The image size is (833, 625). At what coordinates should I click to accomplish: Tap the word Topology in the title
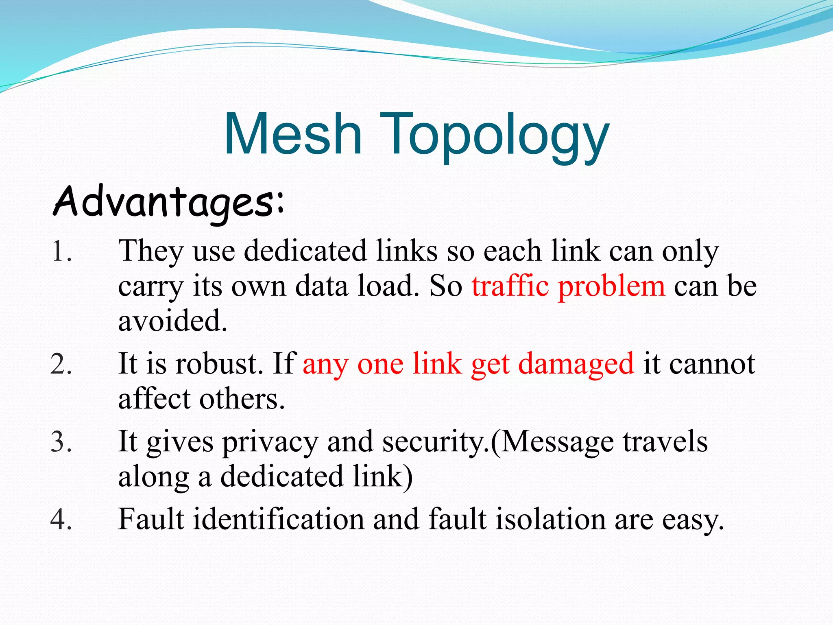(x=494, y=136)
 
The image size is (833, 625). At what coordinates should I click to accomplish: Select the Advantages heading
(x=169, y=202)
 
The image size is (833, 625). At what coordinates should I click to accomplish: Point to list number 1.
(x=61, y=251)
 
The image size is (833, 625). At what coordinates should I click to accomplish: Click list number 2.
(x=61, y=364)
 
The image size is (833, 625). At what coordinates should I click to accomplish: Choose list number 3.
(x=61, y=442)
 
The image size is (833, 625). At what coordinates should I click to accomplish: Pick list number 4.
(x=61, y=520)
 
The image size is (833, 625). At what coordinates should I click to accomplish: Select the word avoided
(x=172, y=321)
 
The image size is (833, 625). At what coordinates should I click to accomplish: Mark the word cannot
(x=712, y=364)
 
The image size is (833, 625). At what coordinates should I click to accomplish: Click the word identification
(x=279, y=520)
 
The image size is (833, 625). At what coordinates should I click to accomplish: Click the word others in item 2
(x=242, y=399)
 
